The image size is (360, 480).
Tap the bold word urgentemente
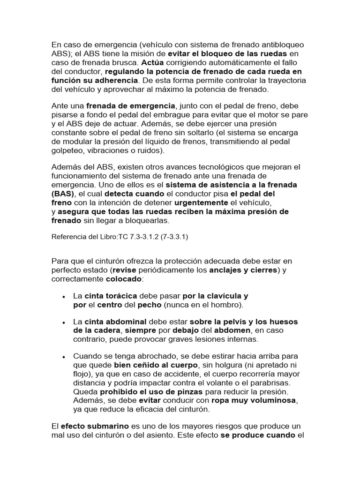click(201, 202)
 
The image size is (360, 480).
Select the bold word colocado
click(123, 278)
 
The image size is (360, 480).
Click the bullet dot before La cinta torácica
click(63, 297)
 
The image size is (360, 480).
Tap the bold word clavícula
click(221, 296)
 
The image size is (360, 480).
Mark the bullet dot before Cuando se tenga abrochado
click(63, 357)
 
